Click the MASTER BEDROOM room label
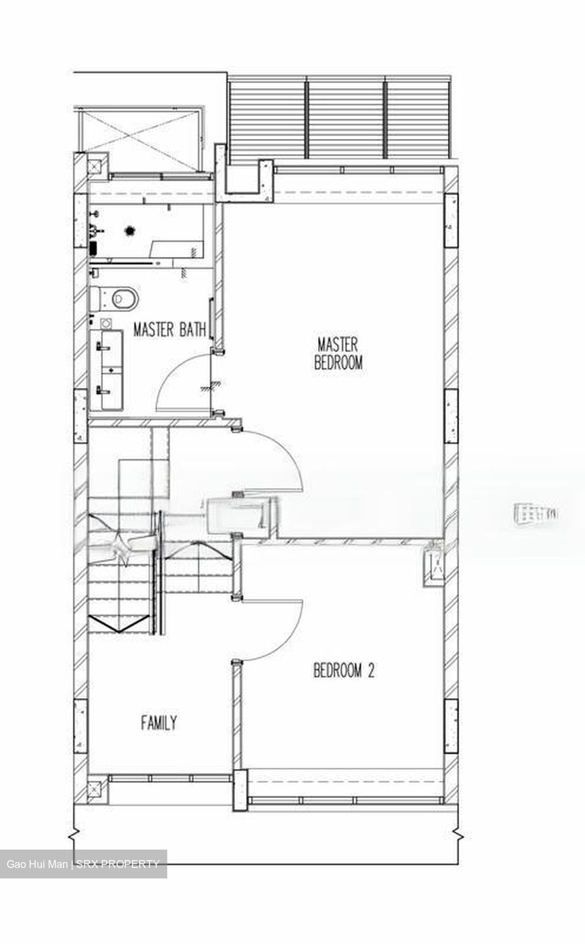pos(338,354)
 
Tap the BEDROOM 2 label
pos(344,671)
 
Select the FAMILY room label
pos(159,723)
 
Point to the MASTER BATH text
pos(170,329)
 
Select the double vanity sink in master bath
pos(106,370)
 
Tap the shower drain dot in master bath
pos(130,230)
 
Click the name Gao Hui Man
pos(37,864)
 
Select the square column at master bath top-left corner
pos(96,166)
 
